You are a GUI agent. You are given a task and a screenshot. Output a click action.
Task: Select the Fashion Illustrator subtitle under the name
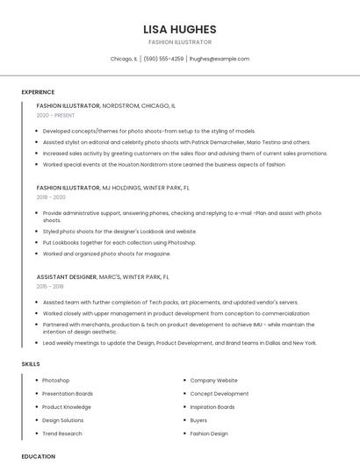179,41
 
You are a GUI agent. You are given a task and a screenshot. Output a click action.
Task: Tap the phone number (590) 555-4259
163,59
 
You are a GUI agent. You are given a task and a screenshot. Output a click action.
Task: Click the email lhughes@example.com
220,59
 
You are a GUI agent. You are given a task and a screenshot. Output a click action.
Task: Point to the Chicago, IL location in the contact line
124,59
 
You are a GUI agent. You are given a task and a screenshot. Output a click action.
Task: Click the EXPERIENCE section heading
38,92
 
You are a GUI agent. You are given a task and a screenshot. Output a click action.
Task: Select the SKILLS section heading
31,363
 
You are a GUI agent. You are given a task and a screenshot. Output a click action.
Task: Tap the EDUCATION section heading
38,456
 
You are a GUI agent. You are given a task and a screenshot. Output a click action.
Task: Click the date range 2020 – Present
55,115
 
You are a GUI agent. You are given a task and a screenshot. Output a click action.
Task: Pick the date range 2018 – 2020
51,197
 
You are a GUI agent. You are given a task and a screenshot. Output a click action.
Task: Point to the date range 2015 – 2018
50,287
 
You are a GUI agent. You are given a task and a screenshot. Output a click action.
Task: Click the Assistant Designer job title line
103,277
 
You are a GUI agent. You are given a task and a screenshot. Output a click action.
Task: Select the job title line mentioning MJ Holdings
113,188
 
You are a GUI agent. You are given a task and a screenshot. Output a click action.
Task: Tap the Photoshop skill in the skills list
55,381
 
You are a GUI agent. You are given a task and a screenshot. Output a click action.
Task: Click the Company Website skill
213,381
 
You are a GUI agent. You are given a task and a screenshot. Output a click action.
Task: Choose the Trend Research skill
61,433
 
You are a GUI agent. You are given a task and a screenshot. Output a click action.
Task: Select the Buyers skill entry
198,420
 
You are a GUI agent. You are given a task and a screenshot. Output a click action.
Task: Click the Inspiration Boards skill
212,407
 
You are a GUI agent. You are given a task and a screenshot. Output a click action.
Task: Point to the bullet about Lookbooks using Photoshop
119,242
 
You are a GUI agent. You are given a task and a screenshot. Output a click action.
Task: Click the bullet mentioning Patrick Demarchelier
176,142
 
